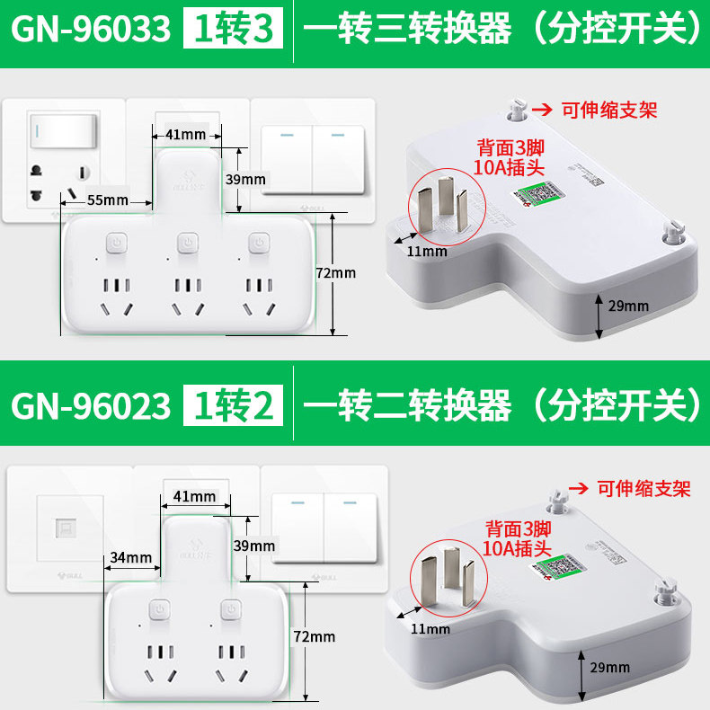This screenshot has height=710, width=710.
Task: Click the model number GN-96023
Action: (90, 405)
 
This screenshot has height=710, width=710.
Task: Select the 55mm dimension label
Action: (107, 200)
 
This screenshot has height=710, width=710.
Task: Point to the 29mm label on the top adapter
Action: (628, 306)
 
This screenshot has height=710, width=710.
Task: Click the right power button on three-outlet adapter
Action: (260, 244)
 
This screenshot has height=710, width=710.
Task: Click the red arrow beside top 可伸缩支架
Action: (541, 110)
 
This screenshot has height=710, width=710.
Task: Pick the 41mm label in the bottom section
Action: (194, 495)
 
